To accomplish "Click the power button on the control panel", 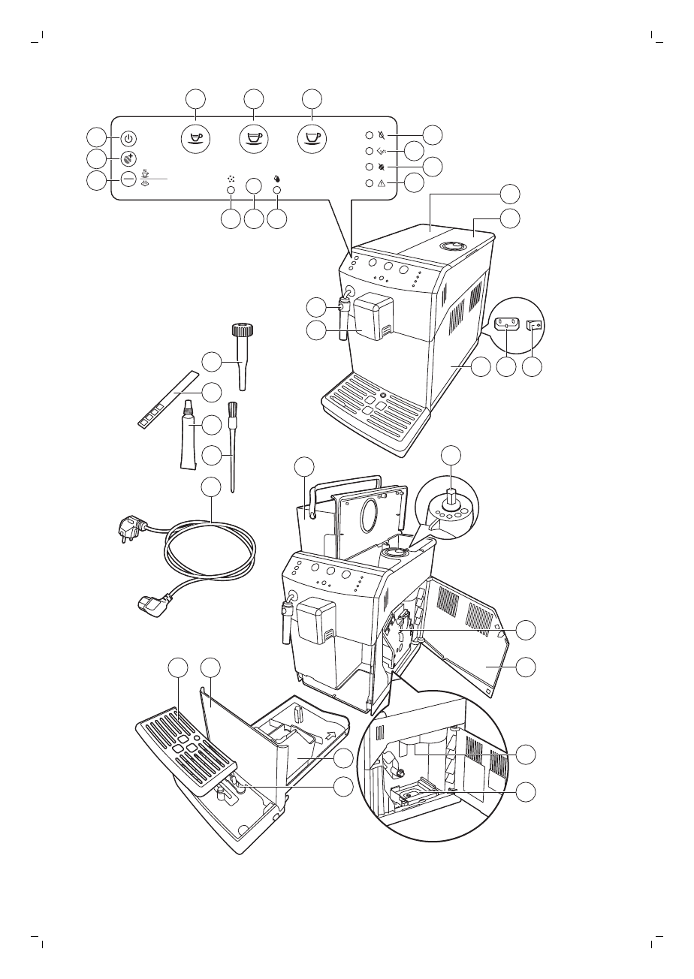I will point(128,139).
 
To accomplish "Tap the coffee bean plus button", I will point(128,159).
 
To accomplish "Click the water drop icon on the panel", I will point(276,179).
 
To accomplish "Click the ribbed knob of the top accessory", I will point(240,330).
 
